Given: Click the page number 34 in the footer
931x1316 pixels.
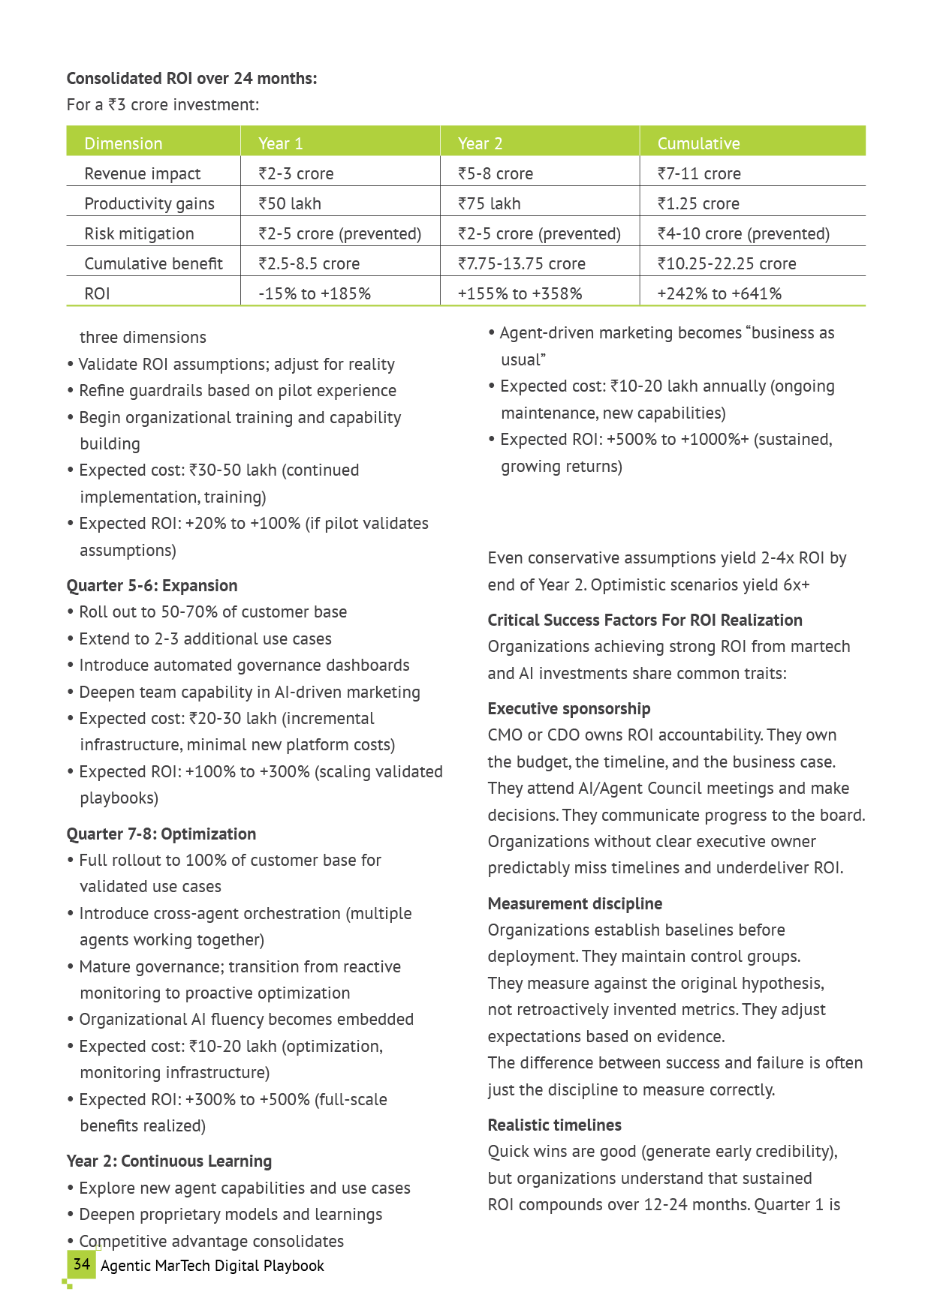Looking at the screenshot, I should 81,1264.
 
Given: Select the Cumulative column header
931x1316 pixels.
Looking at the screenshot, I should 698,143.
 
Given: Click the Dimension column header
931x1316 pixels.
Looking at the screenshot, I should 123,143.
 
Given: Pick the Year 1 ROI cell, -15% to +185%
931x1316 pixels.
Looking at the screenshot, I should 314,293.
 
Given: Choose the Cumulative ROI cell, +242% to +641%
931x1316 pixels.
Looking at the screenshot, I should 719,293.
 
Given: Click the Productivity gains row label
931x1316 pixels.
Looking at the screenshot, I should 149,203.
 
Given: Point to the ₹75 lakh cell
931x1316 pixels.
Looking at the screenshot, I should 489,203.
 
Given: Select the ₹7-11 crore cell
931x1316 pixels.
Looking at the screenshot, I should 698,173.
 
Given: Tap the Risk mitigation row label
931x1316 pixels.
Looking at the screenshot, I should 139,233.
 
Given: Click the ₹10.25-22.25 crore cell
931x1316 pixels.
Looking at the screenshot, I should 726,263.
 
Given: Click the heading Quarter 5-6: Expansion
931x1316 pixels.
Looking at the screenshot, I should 152,585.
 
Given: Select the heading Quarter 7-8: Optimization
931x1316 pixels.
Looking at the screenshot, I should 161,834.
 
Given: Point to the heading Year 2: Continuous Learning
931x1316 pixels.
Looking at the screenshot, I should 169,1161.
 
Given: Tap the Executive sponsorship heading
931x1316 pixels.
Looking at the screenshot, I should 568,708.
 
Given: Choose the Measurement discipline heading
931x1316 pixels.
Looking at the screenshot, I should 574,903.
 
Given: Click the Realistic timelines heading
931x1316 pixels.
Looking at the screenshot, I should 554,1125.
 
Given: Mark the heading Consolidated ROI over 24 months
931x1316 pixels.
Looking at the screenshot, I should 191,78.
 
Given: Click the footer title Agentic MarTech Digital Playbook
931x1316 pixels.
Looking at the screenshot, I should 212,1266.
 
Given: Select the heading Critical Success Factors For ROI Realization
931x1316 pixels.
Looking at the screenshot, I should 644,620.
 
